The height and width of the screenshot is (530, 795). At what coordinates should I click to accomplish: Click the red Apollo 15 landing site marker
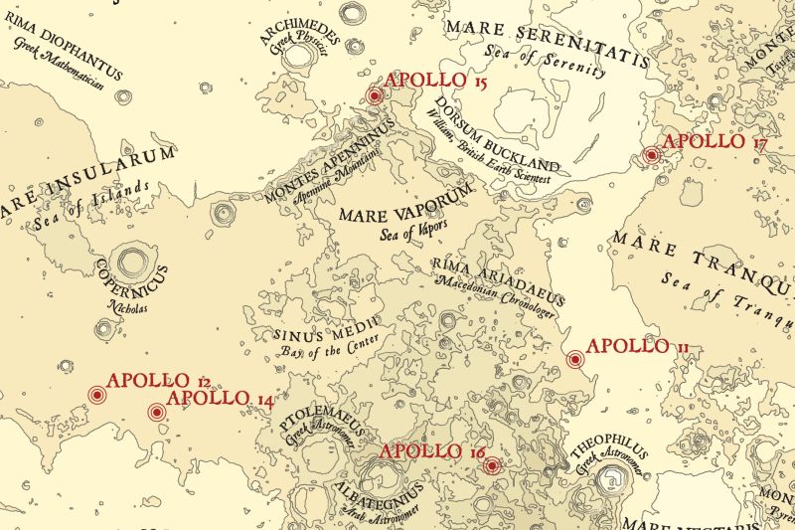tap(375, 96)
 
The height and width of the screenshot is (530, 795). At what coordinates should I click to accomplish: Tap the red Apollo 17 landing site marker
tap(652, 155)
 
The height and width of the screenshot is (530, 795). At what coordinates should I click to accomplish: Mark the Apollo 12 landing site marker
tap(96, 395)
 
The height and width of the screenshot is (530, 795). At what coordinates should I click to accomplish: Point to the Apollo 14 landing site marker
tap(156, 412)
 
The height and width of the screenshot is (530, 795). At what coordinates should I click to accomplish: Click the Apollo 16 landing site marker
tap(491, 464)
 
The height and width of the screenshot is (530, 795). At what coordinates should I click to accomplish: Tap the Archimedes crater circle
tap(298, 56)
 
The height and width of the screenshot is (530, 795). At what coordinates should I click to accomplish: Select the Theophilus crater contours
tap(607, 482)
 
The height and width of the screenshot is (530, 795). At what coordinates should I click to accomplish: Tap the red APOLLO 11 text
tap(638, 347)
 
